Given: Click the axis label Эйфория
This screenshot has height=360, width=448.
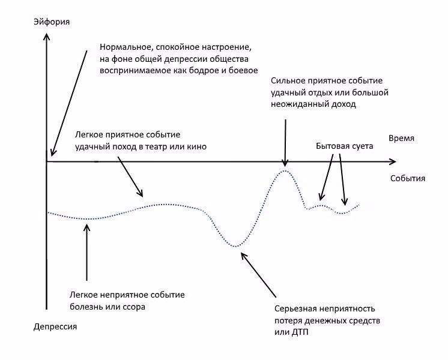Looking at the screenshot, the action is (x=52, y=22).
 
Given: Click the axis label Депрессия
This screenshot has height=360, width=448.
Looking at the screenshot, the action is (x=55, y=326).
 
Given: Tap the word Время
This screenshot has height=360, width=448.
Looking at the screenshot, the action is (x=401, y=139).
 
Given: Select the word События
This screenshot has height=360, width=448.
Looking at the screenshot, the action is (x=408, y=178).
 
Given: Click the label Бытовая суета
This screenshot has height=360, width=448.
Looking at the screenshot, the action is (x=345, y=146).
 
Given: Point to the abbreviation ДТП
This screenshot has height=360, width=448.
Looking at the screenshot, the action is (x=300, y=332).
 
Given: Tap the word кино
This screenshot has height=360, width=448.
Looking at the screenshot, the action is (x=197, y=147).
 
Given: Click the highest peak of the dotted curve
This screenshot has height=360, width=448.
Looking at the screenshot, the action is (x=285, y=170).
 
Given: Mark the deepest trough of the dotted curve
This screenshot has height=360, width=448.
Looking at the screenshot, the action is (x=235, y=247).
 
